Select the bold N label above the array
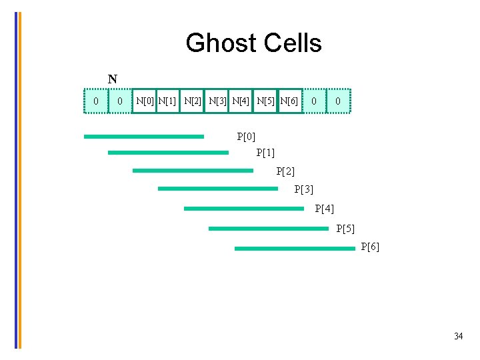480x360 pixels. pos(113,79)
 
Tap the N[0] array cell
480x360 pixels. pos(143,101)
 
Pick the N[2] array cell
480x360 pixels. pos(192,101)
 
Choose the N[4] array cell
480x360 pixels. pos(241,101)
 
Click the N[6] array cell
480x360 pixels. pos(289,101)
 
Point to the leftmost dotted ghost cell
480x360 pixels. pos(96,101)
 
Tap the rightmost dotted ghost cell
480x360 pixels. pos(338,101)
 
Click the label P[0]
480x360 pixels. pos(246,137)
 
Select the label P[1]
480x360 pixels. pos(265,153)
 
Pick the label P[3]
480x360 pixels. pos(303,189)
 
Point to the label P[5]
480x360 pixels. pos(345,229)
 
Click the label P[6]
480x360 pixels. pos(370,247)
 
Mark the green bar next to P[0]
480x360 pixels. pos(143,137)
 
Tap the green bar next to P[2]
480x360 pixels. pos(193,171)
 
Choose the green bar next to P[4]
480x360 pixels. pos(243,209)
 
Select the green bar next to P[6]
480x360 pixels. pos(295,249)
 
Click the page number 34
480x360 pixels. pos(458,336)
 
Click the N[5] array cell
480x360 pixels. pos(265,101)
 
